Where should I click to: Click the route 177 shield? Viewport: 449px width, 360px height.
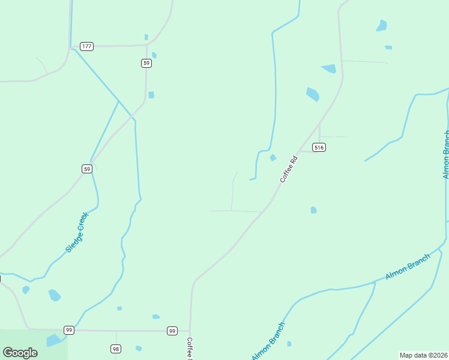click(86, 46)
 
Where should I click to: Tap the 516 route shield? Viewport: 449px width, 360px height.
click(319, 147)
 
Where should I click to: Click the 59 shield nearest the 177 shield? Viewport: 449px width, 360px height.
click(146, 62)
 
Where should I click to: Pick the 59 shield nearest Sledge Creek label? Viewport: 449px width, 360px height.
click(87, 169)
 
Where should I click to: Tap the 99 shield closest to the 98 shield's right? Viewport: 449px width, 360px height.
click(172, 331)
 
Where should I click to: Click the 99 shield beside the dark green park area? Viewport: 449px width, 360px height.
click(69, 330)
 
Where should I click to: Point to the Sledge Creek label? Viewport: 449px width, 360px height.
click(77, 232)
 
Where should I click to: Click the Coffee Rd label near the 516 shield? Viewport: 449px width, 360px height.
click(289, 169)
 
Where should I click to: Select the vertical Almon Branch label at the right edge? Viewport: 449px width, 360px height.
click(445, 154)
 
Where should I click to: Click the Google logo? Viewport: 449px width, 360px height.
click(20, 353)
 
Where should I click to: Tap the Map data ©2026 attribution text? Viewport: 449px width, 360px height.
click(424, 355)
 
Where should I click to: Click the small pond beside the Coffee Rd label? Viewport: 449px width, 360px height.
click(273, 158)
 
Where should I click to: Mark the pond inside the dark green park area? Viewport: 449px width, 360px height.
click(53, 341)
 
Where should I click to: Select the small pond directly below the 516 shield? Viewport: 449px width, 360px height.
click(313, 210)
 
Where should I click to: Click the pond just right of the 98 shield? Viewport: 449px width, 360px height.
click(139, 348)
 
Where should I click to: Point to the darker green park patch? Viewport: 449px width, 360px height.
click(33, 344)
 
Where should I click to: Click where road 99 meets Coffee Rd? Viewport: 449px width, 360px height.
click(190, 331)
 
